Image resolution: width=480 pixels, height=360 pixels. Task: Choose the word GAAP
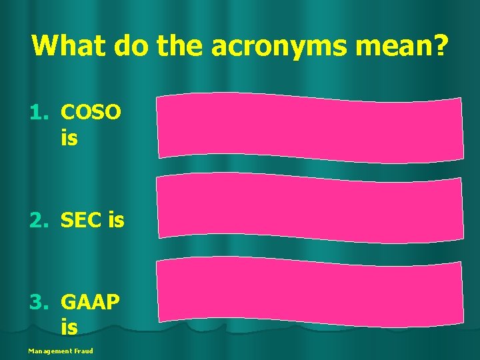pyautogui.click(x=90, y=303)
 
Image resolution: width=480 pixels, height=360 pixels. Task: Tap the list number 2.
pyautogui.click(x=37, y=220)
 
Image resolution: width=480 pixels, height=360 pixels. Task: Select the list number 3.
pyautogui.click(x=37, y=303)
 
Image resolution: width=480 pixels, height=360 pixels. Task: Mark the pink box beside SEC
pyautogui.click(x=309, y=207)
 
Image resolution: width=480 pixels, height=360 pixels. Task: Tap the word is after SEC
pyautogui.click(x=115, y=220)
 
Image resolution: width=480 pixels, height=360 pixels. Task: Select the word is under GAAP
pyautogui.click(x=69, y=327)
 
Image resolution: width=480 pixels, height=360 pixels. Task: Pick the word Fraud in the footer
pyautogui.click(x=83, y=351)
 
